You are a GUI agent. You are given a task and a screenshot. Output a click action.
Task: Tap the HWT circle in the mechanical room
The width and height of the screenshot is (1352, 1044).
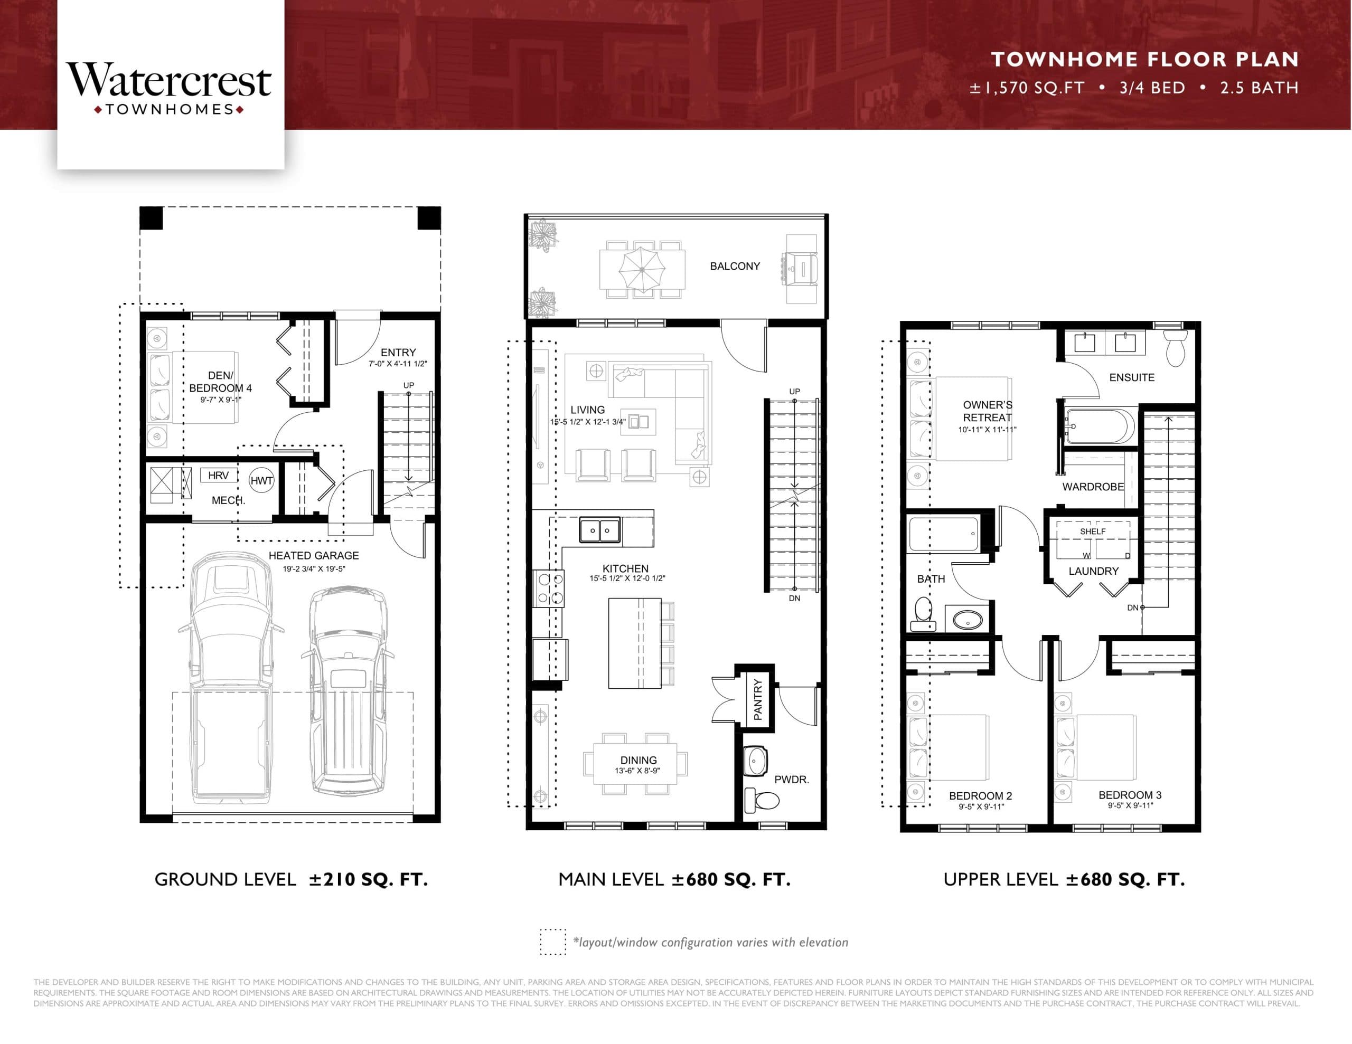pyautogui.click(x=261, y=480)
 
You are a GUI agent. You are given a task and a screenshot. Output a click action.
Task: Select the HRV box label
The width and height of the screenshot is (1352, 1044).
pyautogui.click(x=218, y=475)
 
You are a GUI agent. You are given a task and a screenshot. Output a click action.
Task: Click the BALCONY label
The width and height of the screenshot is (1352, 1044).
pyautogui.click(x=734, y=266)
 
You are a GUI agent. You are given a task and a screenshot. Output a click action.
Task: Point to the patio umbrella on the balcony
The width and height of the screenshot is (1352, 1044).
pyautogui.click(x=642, y=270)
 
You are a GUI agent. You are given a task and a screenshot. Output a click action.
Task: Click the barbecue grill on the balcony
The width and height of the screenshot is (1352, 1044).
pyautogui.click(x=801, y=269)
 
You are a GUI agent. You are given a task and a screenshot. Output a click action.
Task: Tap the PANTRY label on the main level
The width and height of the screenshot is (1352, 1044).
pyautogui.click(x=758, y=699)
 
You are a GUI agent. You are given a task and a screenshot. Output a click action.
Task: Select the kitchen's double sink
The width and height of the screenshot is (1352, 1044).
pyautogui.click(x=599, y=530)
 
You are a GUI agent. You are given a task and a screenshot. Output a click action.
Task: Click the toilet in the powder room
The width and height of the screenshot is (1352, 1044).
pyautogui.click(x=762, y=800)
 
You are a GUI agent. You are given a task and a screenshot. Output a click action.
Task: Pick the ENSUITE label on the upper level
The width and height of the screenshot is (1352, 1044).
pyautogui.click(x=1131, y=377)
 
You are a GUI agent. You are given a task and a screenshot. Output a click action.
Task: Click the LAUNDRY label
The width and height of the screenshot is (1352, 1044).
pyautogui.click(x=1093, y=571)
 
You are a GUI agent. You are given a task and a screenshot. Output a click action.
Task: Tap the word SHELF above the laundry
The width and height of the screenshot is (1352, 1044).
pyautogui.click(x=1093, y=532)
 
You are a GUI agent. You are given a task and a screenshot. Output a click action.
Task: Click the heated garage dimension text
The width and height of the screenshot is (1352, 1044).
pyautogui.click(x=314, y=569)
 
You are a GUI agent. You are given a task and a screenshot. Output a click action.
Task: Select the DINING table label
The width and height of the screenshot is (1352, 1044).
pyautogui.click(x=638, y=760)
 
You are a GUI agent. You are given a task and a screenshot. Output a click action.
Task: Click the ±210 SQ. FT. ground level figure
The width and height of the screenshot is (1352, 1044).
pyautogui.click(x=368, y=879)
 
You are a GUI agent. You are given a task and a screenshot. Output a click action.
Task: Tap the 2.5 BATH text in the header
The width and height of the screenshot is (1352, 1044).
pyautogui.click(x=1259, y=88)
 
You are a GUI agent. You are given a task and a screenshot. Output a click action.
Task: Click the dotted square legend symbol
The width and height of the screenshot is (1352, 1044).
pyautogui.click(x=552, y=942)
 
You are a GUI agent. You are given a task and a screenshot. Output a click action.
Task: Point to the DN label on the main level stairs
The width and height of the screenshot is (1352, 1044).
pyautogui.click(x=794, y=599)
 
